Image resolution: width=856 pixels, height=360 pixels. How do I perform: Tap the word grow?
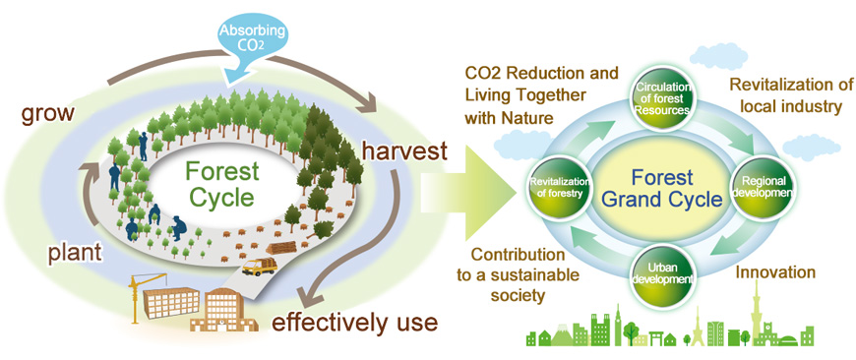(x=47, y=113)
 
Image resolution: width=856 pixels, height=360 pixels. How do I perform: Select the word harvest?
(x=404, y=151)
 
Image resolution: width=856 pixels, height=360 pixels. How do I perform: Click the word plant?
(x=75, y=254)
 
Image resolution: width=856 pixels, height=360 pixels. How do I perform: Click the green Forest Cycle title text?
(x=221, y=184)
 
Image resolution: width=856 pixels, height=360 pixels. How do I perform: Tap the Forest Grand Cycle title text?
(x=661, y=188)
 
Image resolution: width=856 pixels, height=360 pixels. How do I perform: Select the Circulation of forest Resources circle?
(x=662, y=99)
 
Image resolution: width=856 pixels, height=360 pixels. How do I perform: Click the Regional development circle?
(x=756, y=187)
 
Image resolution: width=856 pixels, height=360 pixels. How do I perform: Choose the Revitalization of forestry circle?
(x=558, y=187)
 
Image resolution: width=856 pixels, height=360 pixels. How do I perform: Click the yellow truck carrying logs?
(x=260, y=266)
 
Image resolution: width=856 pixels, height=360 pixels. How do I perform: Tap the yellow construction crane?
(x=140, y=294)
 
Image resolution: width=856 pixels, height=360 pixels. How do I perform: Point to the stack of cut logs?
(x=281, y=248)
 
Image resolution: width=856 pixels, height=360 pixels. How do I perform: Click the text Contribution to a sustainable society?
(x=518, y=274)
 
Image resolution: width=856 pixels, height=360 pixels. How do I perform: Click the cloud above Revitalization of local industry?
(x=718, y=56)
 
